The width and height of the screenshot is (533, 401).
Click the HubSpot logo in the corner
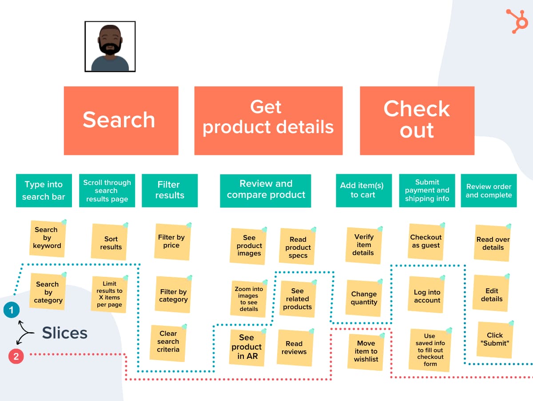click(517, 21)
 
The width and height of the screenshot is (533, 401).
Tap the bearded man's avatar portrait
click(110, 47)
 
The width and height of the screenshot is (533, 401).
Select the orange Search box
click(121, 121)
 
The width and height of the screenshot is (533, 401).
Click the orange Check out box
click(417, 121)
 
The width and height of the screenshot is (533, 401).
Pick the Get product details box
click(268, 121)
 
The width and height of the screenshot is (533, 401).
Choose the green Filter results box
click(169, 190)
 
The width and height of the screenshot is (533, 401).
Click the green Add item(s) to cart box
click(363, 190)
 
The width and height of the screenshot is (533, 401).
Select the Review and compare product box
click(266, 190)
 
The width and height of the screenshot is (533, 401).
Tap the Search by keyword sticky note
click(47, 238)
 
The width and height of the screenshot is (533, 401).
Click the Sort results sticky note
click(110, 243)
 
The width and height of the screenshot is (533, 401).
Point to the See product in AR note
click(247, 347)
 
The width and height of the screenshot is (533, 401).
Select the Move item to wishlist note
click(366, 351)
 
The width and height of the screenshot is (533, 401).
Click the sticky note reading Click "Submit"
click(494, 339)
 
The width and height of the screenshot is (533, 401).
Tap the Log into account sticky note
click(427, 296)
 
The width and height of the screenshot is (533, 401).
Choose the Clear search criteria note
click(168, 342)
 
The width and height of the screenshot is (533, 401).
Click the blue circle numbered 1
click(11, 310)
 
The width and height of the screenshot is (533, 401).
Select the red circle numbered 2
click(16, 356)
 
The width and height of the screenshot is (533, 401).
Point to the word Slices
click(65, 333)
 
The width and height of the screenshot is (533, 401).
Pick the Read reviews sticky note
click(294, 348)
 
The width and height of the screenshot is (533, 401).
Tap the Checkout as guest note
click(426, 241)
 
